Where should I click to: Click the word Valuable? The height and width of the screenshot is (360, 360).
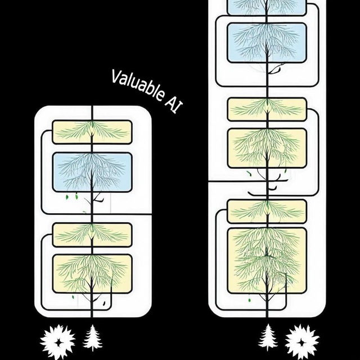(x=138, y=85)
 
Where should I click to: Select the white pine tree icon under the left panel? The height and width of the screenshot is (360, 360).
(x=92, y=337)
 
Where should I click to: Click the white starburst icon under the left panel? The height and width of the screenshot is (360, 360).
(x=57, y=342)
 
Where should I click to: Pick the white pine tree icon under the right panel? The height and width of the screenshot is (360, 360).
(x=268, y=337)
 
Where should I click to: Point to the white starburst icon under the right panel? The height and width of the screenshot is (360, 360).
(x=302, y=342)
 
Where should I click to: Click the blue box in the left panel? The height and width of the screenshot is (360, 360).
(x=92, y=172)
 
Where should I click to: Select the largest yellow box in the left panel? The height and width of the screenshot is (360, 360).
(x=92, y=274)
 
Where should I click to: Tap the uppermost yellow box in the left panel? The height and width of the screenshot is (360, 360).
(x=92, y=132)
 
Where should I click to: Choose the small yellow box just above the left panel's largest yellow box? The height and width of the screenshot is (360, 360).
(x=92, y=235)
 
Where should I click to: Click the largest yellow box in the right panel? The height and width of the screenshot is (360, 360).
(x=267, y=260)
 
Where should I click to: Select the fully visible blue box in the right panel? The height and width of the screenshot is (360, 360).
(x=267, y=43)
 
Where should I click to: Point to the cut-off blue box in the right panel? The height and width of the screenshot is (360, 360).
(x=267, y=7)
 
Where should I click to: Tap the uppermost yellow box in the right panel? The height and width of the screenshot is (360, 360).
(x=267, y=109)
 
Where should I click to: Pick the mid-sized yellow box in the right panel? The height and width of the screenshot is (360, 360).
(x=267, y=148)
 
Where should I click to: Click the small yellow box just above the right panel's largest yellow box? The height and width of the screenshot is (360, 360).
(x=267, y=211)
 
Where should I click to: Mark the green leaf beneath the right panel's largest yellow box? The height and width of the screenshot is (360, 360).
(x=249, y=300)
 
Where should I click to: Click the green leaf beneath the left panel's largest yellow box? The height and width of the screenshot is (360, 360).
(x=73, y=297)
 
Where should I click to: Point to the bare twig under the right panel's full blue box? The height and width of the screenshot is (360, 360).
(x=274, y=69)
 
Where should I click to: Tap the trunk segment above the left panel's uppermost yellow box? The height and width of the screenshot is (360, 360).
(x=92, y=113)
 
